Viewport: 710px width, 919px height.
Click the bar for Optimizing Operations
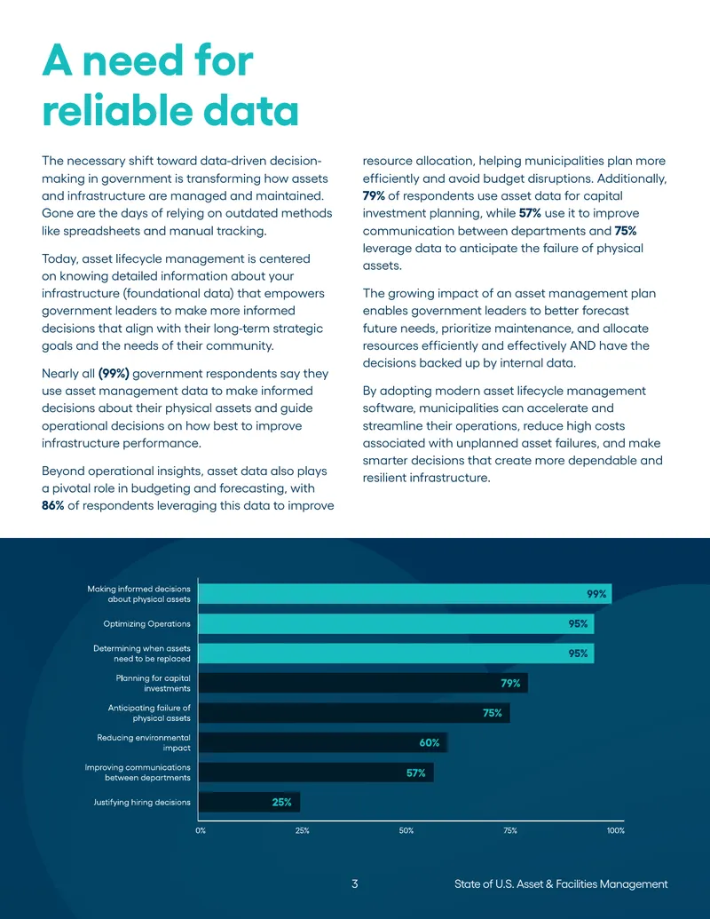click(396, 623)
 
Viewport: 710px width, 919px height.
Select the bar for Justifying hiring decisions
click(249, 803)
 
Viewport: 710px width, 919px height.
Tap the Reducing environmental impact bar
click(323, 742)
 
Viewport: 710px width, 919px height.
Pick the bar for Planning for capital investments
click(363, 683)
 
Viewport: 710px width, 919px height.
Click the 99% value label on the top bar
click(596, 594)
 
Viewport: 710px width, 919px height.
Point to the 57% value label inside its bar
click(416, 773)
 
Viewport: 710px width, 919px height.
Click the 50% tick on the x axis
click(406, 830)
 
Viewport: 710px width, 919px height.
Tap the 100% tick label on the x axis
click(616, 830)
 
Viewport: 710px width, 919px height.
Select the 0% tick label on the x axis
click(201, 830)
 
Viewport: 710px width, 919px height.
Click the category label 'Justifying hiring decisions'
click(142, 803)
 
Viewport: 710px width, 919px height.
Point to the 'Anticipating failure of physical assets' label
click(149, 713)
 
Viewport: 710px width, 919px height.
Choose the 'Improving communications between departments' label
click(138, 772)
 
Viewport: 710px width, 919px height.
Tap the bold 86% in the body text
click(52, 506)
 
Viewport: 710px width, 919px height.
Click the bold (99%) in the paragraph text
click(114, 373)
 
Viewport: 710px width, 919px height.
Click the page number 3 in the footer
click(354, 883)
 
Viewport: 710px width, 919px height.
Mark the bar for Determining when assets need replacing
click(396, 654)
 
